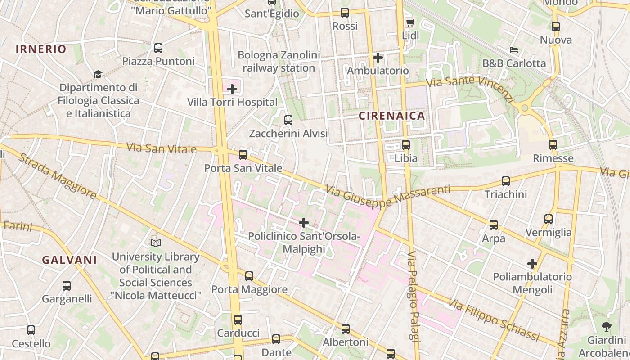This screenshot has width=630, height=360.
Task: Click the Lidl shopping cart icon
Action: [x=409, y=23]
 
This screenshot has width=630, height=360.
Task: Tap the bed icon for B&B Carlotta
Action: [x=513, y=49]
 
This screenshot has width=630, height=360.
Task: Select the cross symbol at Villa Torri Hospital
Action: [x=232, y=89]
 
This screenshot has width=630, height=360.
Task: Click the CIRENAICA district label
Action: [x=391, y=116]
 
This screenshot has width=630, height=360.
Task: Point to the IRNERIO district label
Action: [x=41, y=49]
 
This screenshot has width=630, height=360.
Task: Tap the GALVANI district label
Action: [x=69, y=260]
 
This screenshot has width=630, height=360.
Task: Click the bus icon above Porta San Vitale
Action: [x=243, y=155]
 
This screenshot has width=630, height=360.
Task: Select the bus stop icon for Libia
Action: [x=405, y=145]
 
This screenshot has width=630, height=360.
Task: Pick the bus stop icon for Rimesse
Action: [x=553, y=145]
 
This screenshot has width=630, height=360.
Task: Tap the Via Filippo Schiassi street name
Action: [x=494, y=320]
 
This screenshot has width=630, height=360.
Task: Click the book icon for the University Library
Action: [x=156, y=243]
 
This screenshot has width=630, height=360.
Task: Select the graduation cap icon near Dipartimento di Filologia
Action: [x=98, y=74]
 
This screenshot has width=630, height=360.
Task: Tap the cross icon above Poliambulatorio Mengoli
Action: [x=532, y=263]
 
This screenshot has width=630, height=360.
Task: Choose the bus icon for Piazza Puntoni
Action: [x=158, y=48]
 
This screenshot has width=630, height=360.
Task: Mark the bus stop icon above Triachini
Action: [x=505, y=181]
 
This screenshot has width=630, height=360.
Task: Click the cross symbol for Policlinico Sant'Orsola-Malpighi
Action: [x=304, y=222]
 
